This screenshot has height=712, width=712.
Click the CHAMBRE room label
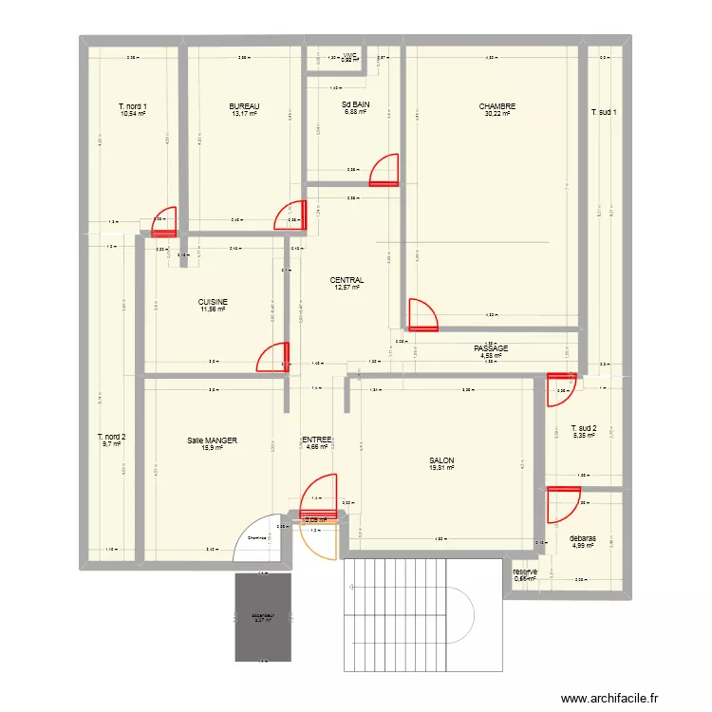point(497,106)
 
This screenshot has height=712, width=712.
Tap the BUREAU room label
point(245,106)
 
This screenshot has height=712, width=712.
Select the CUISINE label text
point(214,302)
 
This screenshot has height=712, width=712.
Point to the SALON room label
point(441,461)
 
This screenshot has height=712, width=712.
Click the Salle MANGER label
point(212,440)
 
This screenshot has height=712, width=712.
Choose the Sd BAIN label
point(356,106)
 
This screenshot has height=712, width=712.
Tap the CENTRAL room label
point(347,280)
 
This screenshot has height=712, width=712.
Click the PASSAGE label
point(491,348)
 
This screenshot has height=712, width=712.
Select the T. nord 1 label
point(133,106)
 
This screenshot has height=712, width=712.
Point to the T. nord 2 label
point(111,437)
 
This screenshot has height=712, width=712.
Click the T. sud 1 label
point(605,112)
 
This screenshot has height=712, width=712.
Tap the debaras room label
point(583,538)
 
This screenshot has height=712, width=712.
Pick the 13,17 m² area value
point(245,114)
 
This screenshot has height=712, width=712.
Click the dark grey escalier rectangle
point(262,616)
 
